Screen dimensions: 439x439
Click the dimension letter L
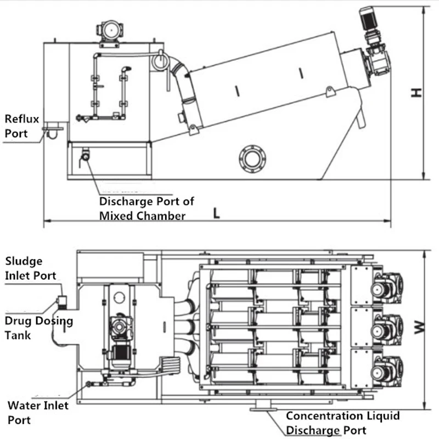(217, 213)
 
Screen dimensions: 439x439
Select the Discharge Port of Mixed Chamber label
(146, 209)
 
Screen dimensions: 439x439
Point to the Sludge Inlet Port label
(31, 268)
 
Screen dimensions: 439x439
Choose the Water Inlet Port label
(38, 413)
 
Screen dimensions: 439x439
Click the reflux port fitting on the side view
(53, 131)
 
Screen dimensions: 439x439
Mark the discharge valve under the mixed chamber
(85, 155)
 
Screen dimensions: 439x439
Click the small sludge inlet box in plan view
(62, 301)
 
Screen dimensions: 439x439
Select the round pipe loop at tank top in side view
(160, 60)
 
